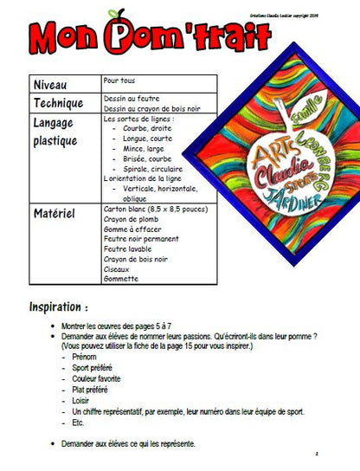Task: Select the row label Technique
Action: [60, 104]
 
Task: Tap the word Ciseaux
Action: [118, 268]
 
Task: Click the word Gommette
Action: [122, 279]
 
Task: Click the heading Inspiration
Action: [59, 307]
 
